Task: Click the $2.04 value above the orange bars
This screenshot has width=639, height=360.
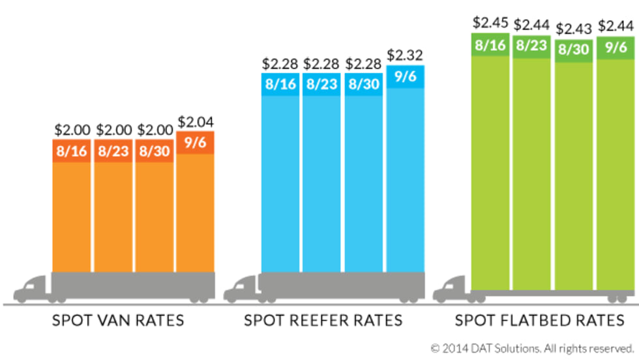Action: (195, 122)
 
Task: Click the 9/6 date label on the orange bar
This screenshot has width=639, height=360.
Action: (195, 143)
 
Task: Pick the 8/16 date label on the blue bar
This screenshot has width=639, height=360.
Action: (280, 85)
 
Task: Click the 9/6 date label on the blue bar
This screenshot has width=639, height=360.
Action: (405, 76)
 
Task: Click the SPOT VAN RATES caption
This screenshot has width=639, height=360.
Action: (118, 321)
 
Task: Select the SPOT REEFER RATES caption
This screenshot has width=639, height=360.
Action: (323, 321)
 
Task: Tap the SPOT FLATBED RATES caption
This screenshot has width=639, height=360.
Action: (539, 321)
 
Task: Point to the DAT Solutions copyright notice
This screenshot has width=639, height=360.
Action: (531, 347)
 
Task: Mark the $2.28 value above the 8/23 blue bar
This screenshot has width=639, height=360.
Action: (321, 64)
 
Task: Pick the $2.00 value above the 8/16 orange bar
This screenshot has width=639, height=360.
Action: (70, 129)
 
